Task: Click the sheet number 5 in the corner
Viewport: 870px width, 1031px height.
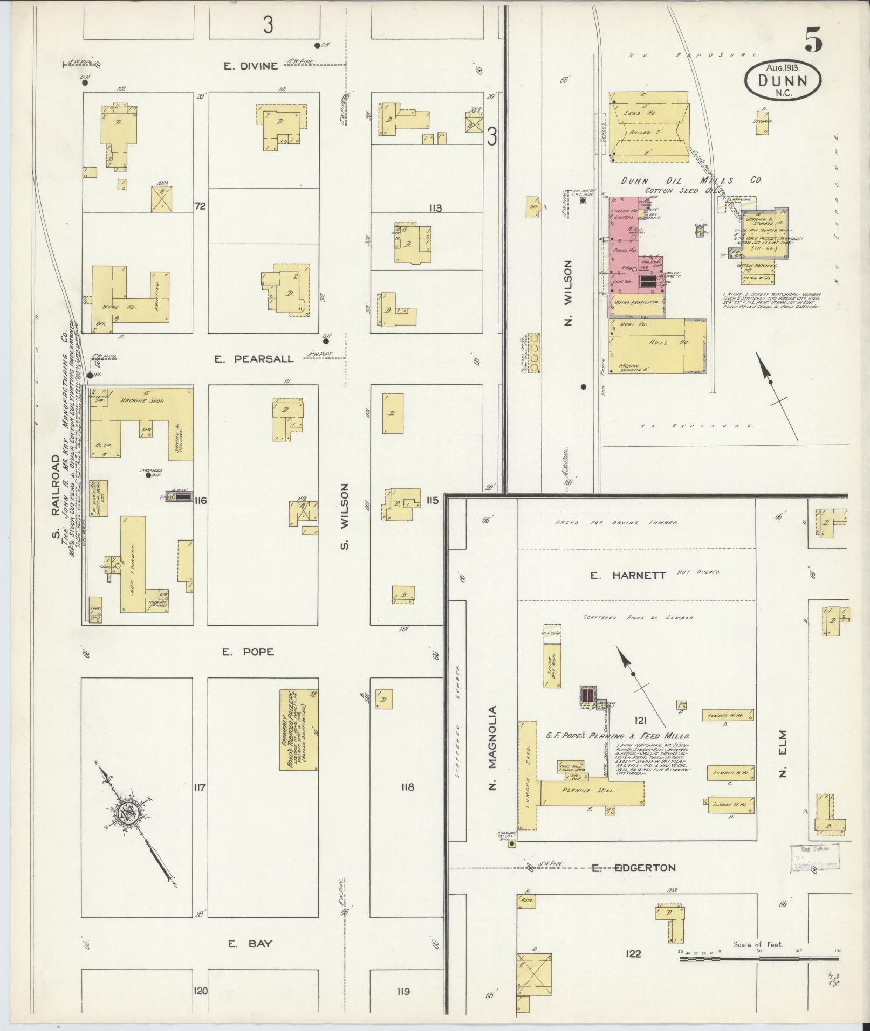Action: tap(813, 40)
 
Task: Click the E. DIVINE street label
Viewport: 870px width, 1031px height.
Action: tap(251, 66)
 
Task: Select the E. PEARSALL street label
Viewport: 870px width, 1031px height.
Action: tap(254, 359)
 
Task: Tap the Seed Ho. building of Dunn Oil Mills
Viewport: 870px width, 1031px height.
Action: tap(649, 127)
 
